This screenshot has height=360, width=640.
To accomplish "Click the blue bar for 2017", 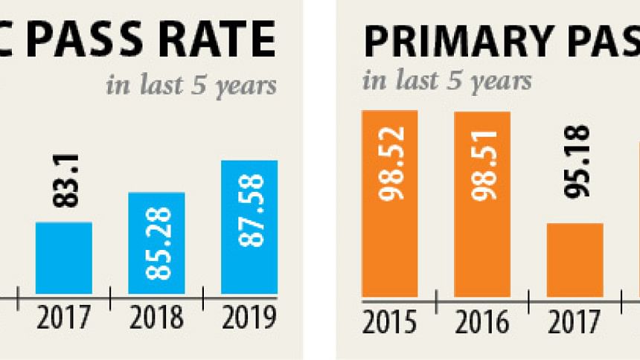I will (x=64, y=257).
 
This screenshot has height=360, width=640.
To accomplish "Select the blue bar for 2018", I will (x=156, y=243).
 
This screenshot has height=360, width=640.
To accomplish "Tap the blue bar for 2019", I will (x=249, y=227).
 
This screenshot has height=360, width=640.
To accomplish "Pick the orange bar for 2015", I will (x=390, y=203).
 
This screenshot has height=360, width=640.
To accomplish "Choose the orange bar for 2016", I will (x=482, y=203).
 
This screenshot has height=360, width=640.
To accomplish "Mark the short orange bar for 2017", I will (x=575, y=259).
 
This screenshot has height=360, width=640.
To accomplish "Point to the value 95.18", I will (x=576, y=172).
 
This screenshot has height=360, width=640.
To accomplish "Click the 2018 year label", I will (x=156, y=318).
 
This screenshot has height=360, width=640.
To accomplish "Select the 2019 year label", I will (x=249, y=318).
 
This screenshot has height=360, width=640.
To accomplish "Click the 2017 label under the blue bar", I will (x=63, y=318).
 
